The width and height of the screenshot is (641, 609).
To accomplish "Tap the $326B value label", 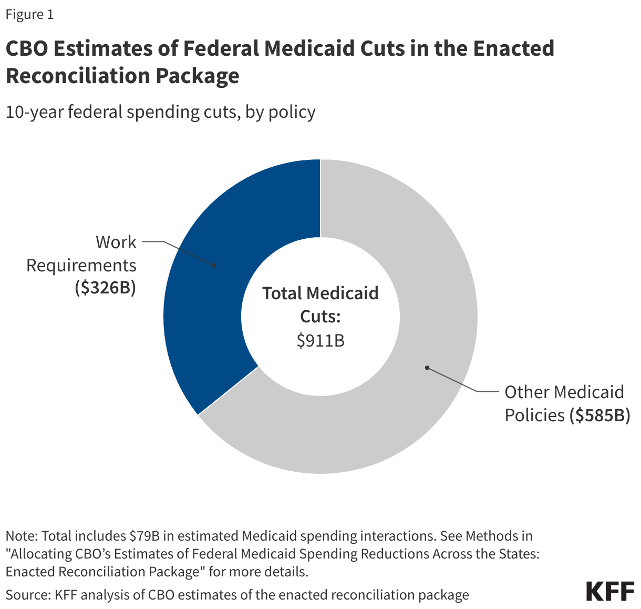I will pos(106,288).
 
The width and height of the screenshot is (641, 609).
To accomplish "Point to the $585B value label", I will pos(600,415).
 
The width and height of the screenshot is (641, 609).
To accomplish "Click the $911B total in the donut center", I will pos(320,340).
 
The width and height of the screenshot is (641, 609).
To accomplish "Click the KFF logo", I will pos(610,591).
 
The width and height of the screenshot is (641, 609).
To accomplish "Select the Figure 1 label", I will pos(29,14).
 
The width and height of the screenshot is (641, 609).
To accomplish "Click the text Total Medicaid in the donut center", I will pos(320,293).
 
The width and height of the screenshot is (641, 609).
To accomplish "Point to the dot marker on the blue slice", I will pos(214,266).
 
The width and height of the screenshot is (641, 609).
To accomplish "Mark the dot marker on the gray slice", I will pos(427,368).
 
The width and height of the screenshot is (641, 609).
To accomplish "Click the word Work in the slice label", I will pos(116,242).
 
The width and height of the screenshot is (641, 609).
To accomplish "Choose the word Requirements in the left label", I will pos(81,265).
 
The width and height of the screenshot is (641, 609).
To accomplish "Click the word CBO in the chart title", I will pos(26,48).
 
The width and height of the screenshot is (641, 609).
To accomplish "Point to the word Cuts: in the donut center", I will pos(320,317).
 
